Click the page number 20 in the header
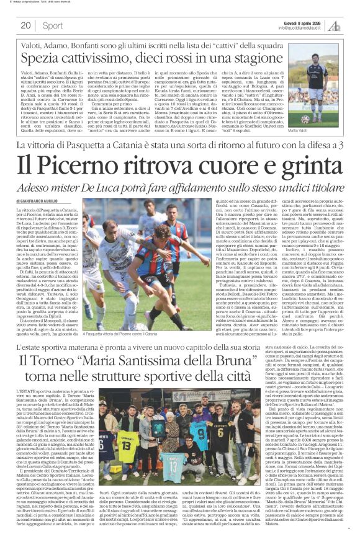tap(25, 25)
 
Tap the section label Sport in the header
tap(53, 25)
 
